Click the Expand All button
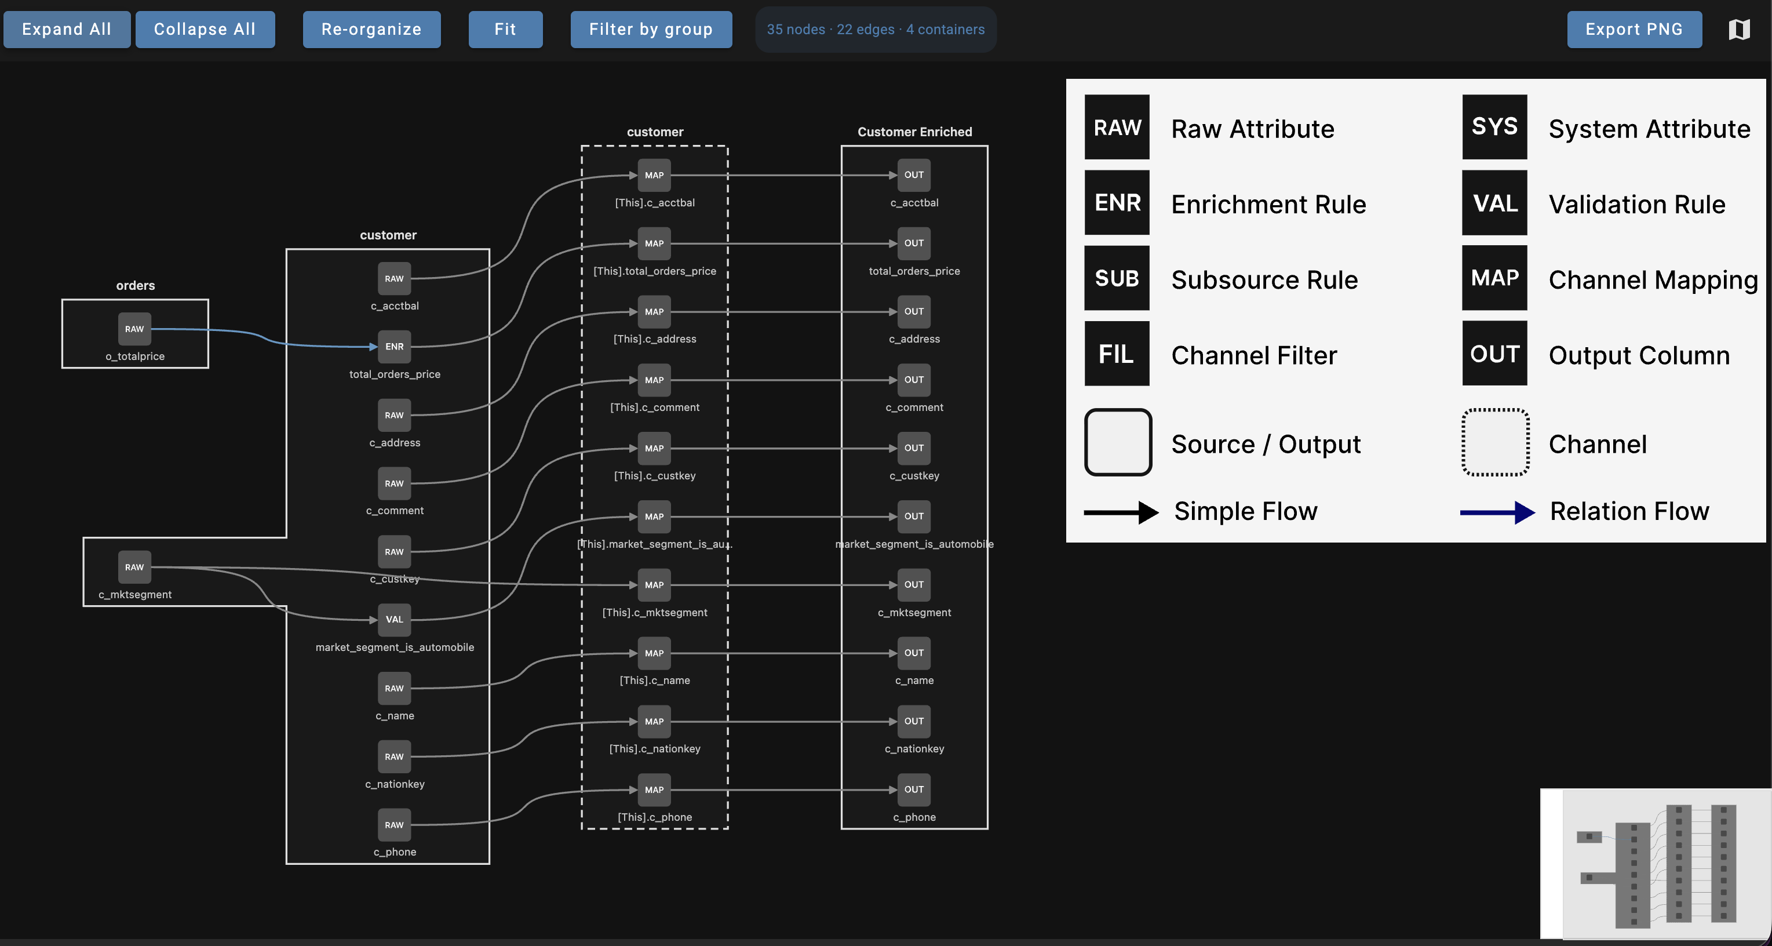(x=67, y=30)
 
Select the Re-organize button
(x=371, y=30)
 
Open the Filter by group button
(x=651, y=30)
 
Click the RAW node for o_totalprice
(x=134, y=329)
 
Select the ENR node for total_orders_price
(x=394, y=347)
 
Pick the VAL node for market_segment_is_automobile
(x=394, y=619)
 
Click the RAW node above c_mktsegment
(x=134, y=567)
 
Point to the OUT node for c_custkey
(x=914, y=448)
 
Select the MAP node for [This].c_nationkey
(x=654, y=722)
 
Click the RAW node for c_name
(x=394, y=689)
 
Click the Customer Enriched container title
(x=915, y=132)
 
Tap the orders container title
(x=136, y=286)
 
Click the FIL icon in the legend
(x=1117, y=354)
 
